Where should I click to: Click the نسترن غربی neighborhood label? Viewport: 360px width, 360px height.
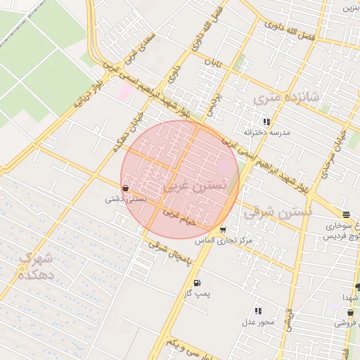[x=195, y=186]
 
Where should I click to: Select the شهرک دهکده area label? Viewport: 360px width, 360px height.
[x=35, y=267]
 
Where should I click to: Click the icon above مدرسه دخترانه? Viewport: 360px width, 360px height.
[x=266, y=122]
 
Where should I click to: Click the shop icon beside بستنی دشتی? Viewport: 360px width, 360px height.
[x=125, y=188]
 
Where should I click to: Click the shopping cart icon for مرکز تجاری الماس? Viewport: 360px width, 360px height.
[x=223, y=229]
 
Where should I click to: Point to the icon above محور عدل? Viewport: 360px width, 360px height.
[x=258, y=311]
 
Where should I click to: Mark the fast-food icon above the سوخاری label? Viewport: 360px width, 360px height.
[x=346, y=215]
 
